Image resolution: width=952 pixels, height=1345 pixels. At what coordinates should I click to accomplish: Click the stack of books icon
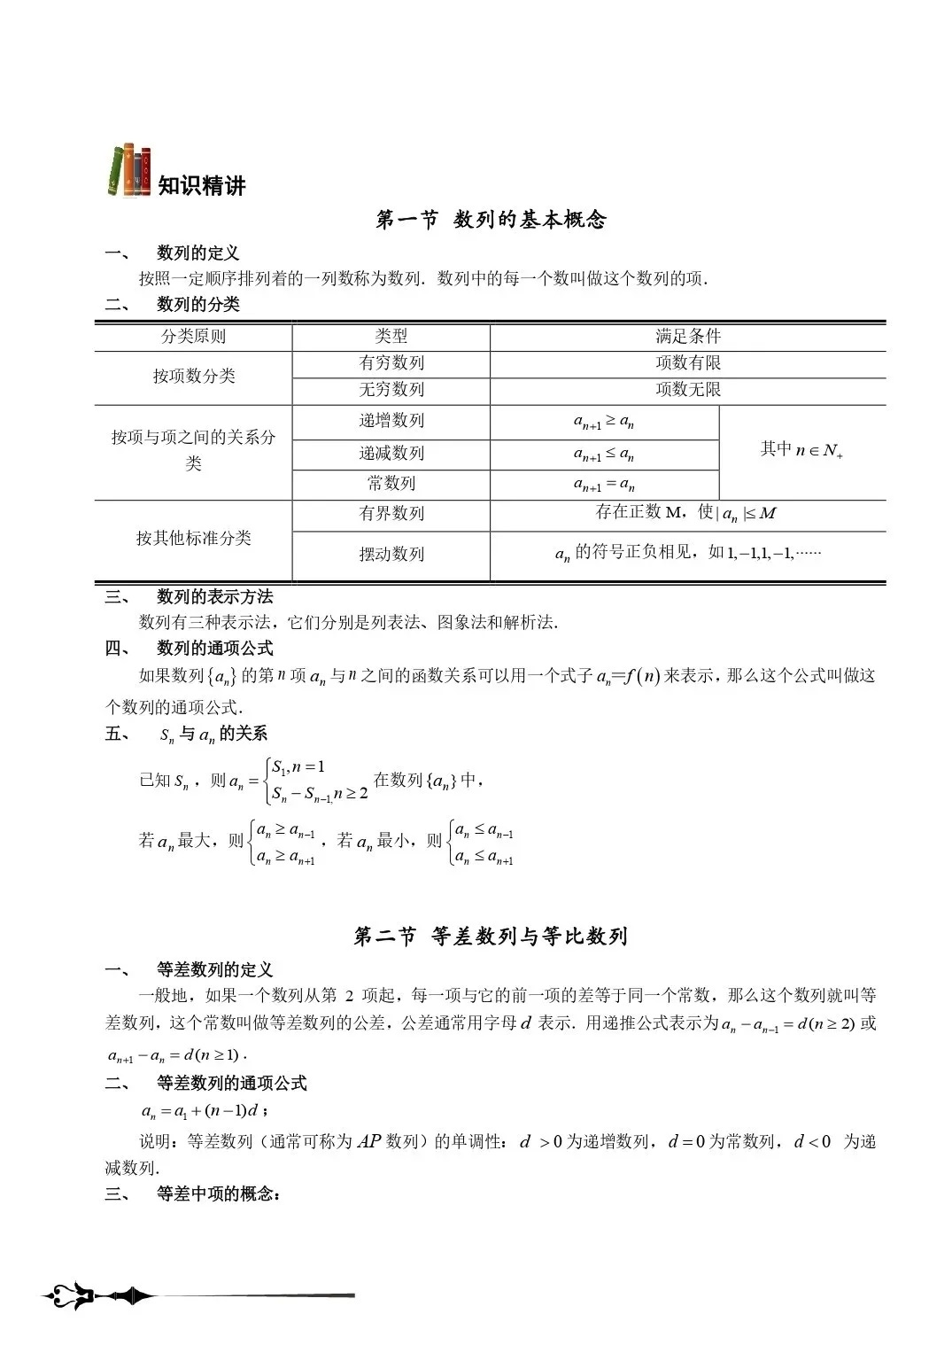coord(128,171)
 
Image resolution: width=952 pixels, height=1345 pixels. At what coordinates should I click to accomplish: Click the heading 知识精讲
coord(202,186)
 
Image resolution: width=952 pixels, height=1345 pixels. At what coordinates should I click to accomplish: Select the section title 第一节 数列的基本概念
coord(491,220)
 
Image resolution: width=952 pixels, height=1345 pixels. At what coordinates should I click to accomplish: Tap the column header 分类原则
coord(193,337)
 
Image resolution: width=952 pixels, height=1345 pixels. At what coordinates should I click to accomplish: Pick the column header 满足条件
coord(688,337)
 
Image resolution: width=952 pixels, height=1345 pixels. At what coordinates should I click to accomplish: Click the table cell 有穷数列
coord(391,363)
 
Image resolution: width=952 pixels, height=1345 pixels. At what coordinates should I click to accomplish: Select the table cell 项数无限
coord(688,390)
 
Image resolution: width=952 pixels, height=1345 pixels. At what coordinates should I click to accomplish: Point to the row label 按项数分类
coord(193,377)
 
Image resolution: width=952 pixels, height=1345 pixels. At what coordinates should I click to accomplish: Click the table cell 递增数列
coord(391,421)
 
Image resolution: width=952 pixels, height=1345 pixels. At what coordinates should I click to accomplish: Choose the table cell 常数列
coord(391,484)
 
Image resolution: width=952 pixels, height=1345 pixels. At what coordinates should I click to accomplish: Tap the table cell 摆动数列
coord(391,555)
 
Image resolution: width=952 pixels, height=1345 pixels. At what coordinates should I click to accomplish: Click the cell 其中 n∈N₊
coord(801,450)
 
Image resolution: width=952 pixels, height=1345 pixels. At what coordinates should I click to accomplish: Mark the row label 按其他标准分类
coord(193,539)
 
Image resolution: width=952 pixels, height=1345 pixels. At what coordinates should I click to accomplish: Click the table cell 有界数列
coord(391,514)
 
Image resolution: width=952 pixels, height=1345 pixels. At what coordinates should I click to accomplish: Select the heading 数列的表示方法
coord(214,597)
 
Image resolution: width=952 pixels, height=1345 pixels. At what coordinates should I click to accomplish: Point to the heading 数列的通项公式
coord(214,649)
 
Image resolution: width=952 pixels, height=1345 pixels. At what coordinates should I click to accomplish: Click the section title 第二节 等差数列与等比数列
coord(491,937)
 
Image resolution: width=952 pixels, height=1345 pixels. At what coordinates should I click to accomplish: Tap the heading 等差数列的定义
coord(214,970)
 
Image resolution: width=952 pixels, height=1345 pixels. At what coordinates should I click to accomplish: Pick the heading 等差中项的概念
coord(218,1194)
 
